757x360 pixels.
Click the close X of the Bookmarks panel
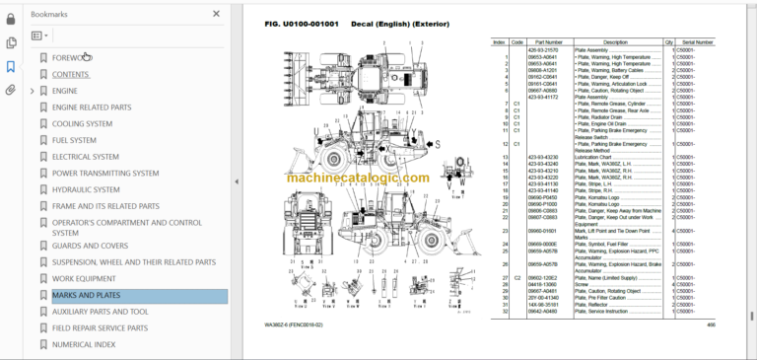click(x=217, y=15)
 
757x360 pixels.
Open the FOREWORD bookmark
click(x=71, y=58)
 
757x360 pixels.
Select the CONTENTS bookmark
click(x=70, y=74)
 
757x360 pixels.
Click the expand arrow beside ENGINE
click(x=33, y=91)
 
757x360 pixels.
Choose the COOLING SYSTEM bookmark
click(x=82, y=123)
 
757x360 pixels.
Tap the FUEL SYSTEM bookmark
click(x=74, y=140)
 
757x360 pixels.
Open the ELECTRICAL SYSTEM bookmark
click(x=85, y=157)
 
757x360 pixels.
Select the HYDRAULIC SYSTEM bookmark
click(x=86, y=189)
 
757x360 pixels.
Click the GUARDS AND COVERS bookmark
click(x=90, y=246)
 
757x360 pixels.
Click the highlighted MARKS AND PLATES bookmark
click(x=86, y=296)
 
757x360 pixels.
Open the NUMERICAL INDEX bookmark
click(x=85, y=344)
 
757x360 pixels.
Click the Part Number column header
click(x=547, y=42)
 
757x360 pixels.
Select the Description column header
click(x=615, y=42)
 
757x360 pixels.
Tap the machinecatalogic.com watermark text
click(x=358, y=178)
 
